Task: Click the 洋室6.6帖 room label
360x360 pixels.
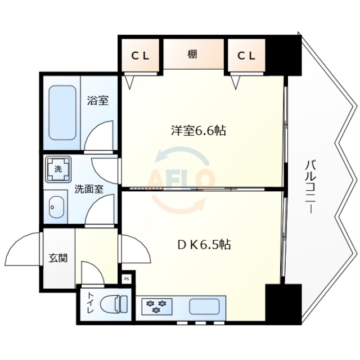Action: coord(199,131)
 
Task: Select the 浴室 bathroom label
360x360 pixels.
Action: coord(97,101)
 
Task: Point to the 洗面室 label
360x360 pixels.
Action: coord(89,189)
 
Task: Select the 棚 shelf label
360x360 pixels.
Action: coord(193,55)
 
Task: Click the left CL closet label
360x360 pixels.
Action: coord(140,56)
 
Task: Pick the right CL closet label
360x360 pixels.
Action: coord(245,56)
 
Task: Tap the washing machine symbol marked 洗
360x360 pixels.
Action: coord(58,169)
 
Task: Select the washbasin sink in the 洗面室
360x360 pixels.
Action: coord(57,208)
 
